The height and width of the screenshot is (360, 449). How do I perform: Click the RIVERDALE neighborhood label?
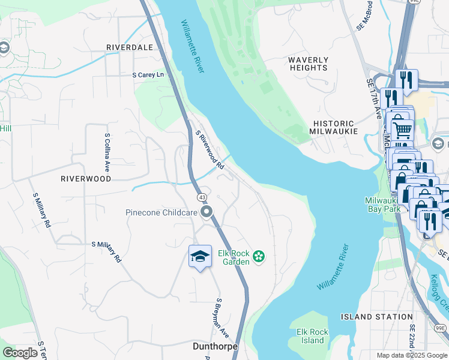tap(129, 47)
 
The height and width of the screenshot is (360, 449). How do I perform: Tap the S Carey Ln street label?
tap(148, 75)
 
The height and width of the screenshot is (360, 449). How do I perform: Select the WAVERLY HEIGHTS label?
tap(308, 64)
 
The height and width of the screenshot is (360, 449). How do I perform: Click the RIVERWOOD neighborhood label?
tap(86, 179)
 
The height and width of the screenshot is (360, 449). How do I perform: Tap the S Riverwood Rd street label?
tap(210, 149)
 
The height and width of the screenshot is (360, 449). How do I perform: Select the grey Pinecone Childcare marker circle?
tap(207, 212)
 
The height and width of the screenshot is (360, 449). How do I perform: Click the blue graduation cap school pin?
tap(200, 256)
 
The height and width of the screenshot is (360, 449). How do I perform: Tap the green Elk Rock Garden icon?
tap(259, 257)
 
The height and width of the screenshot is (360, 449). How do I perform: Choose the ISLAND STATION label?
tap(376, 317)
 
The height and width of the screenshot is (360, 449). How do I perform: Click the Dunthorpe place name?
tap(215, 347)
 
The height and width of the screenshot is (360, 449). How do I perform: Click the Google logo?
tap(20, 352)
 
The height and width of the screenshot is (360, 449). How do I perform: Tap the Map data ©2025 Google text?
tap(411, 355)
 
